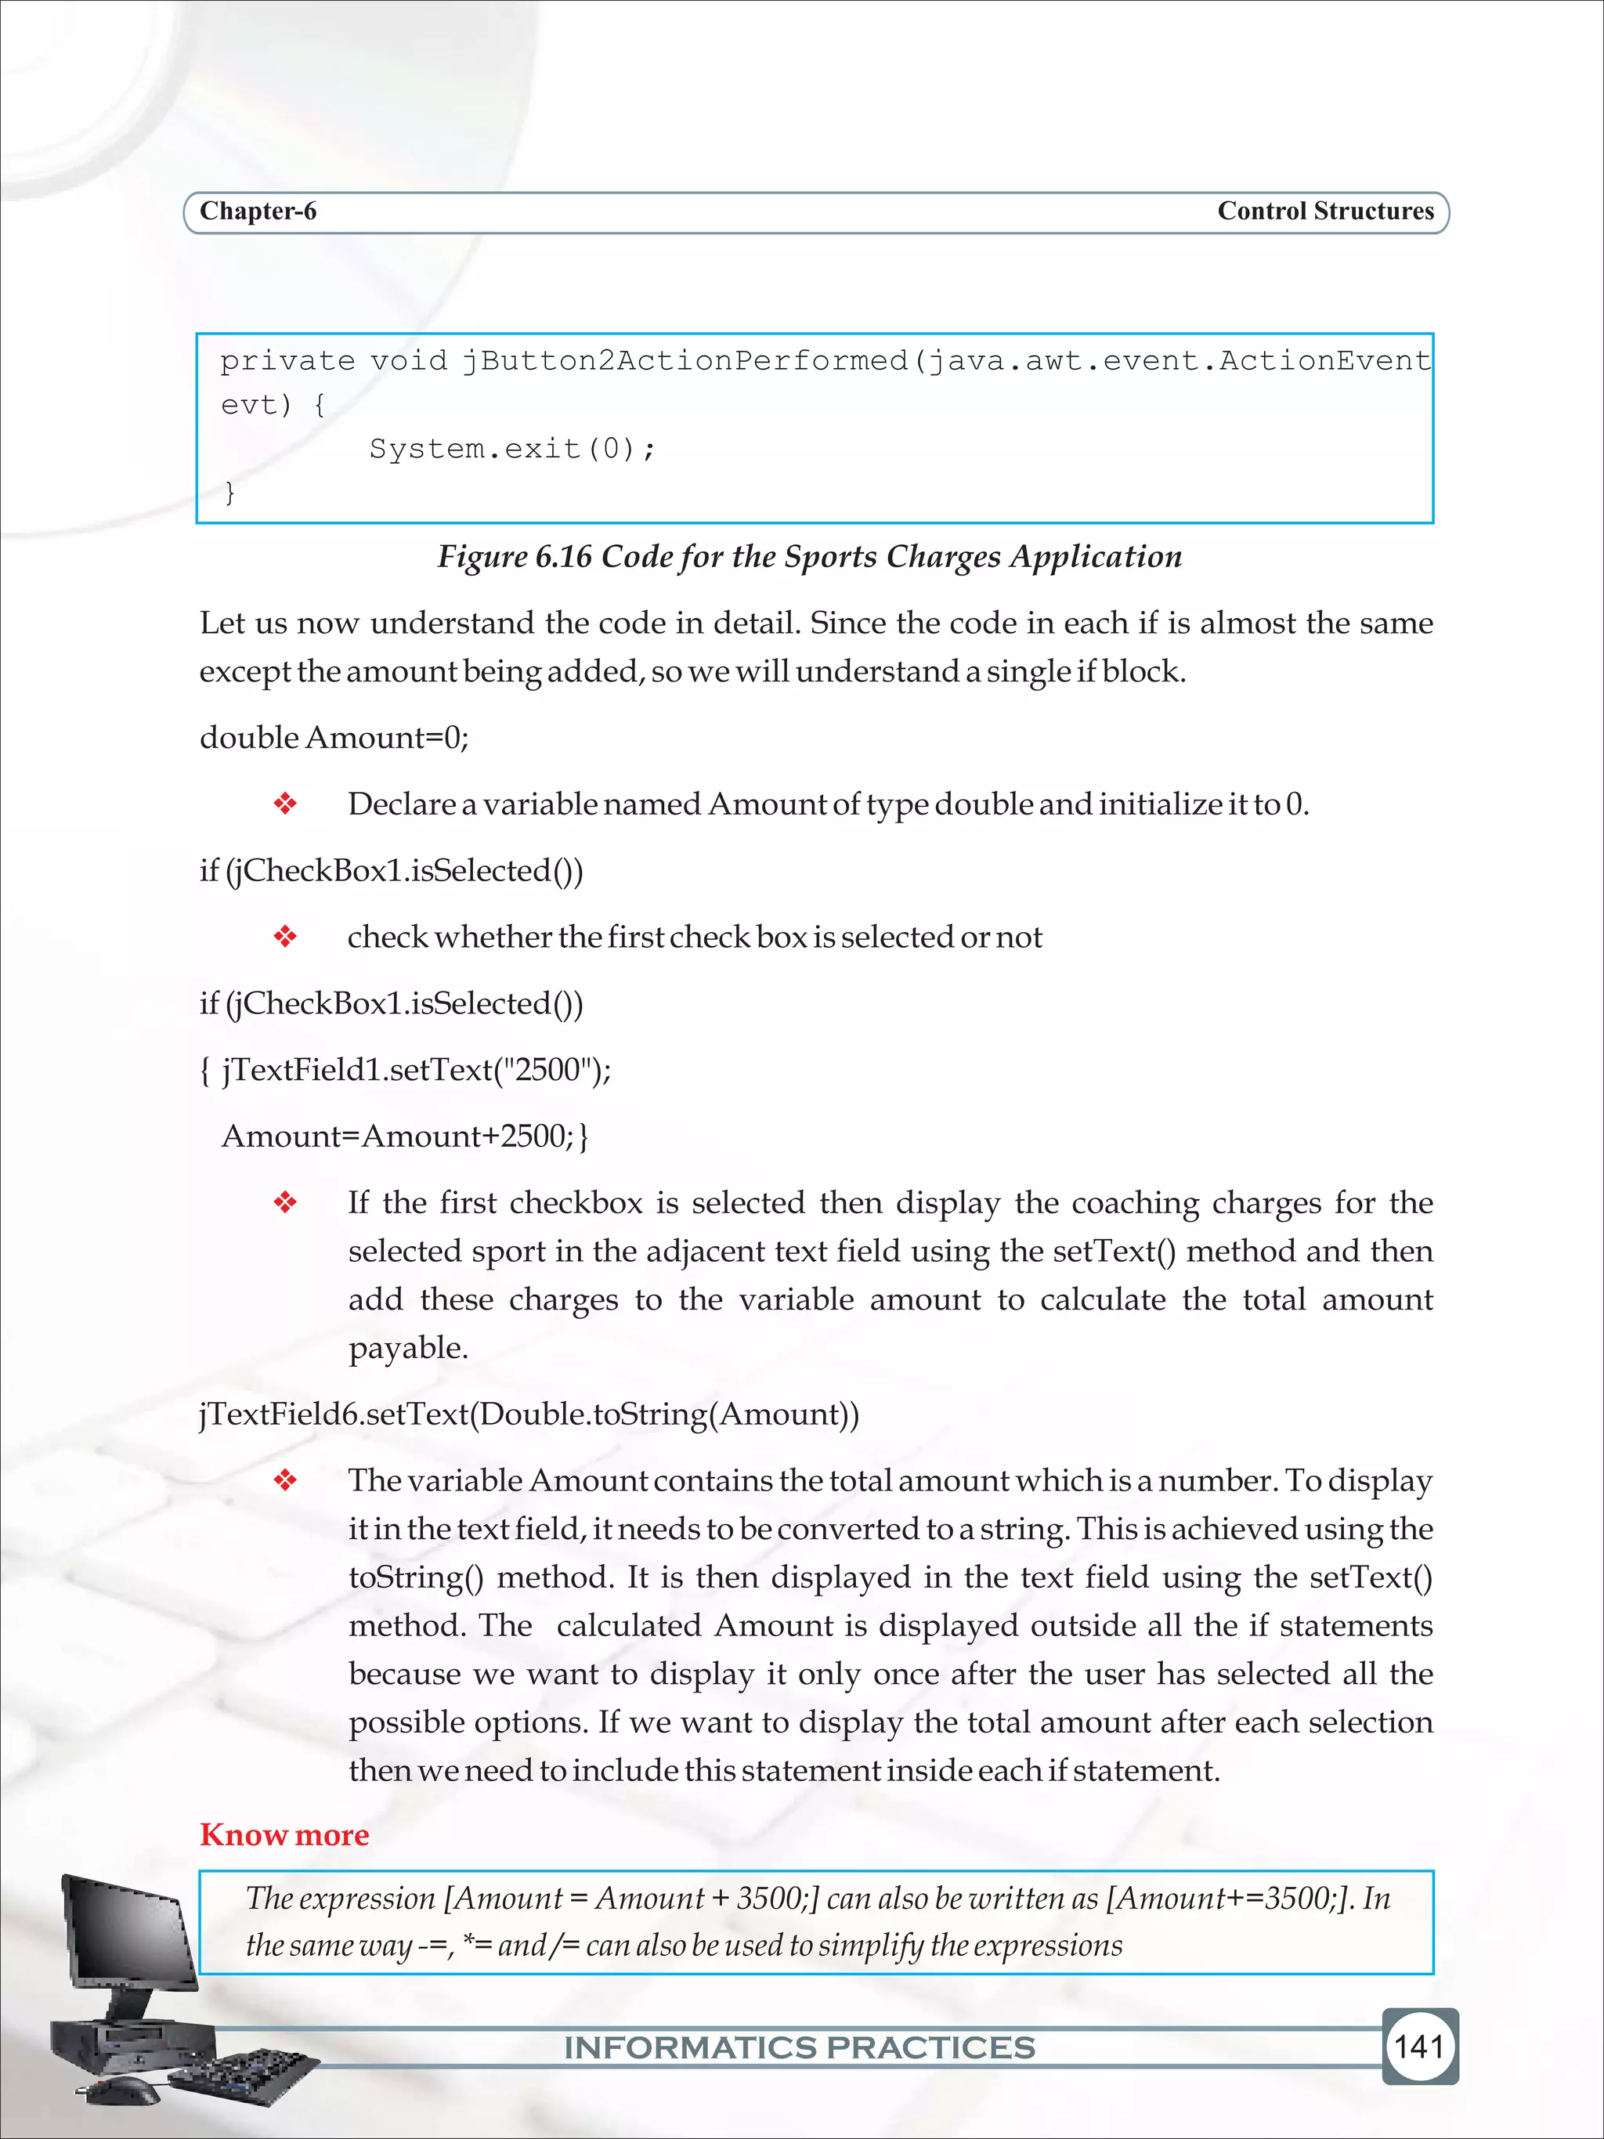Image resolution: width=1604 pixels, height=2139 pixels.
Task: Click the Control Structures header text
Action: [1324, 211]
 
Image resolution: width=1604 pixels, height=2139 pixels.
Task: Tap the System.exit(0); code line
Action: [512, 449]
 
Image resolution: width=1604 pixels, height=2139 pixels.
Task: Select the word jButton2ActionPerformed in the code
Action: [685, 361]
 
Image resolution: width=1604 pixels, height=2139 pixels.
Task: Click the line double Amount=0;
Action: [334, 738]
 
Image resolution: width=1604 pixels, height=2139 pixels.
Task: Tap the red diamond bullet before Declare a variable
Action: [285, 804]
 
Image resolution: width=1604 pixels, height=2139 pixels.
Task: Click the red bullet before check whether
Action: [285, 937]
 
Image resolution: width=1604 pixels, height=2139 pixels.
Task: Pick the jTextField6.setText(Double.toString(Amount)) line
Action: [529, 1414]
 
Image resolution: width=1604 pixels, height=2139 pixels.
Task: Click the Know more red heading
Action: [284, 1834]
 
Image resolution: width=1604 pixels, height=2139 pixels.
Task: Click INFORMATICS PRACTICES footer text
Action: [800, 2047]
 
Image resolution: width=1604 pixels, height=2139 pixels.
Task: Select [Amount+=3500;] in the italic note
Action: [1229, 1899]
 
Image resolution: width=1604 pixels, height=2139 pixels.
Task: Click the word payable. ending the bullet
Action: [408, 1348]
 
